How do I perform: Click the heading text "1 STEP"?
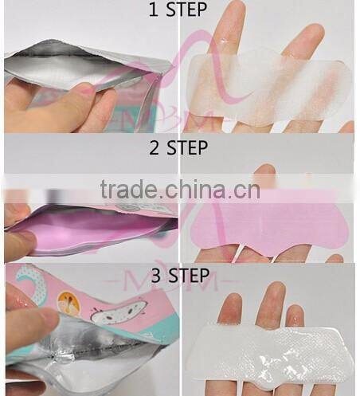click(x=180, y=10)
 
